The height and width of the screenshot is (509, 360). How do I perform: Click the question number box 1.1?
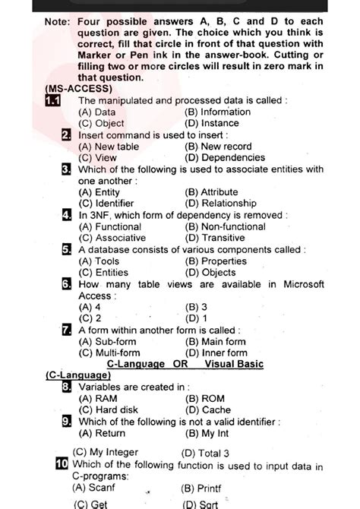(55, 101)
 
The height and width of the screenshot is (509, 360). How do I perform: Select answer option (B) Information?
(217, 112)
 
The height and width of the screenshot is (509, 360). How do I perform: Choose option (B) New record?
(218, 147)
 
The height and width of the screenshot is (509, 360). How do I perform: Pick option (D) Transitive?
(214, 238)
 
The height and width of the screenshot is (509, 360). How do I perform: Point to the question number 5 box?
(68, 249)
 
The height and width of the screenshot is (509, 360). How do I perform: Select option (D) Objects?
(209, 272)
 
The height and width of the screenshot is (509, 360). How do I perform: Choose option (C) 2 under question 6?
(90, 318)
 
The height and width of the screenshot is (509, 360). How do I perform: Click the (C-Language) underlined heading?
(78, 375)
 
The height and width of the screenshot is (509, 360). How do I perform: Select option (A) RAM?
(97, 398)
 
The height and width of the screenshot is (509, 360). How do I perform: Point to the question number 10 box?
(62, 464)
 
